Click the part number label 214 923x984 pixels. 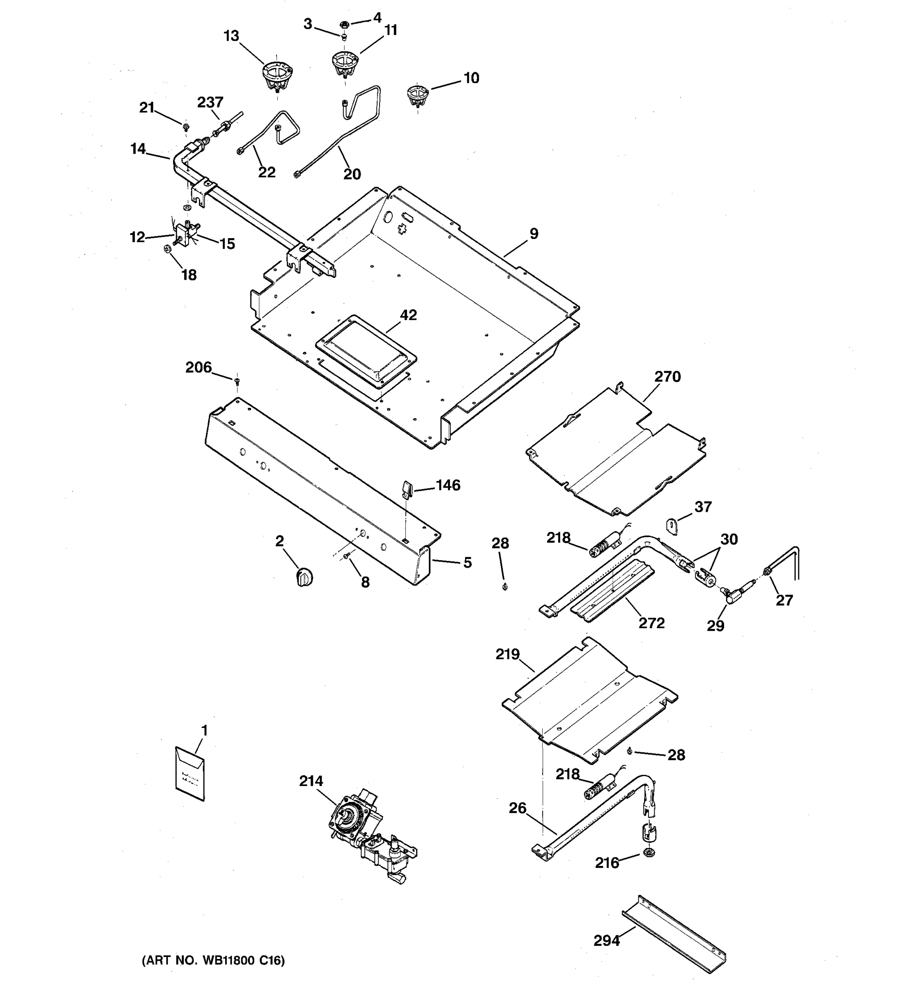click(311, 781)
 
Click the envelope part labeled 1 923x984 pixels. click(190, 773)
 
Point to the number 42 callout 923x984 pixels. click(409, 315)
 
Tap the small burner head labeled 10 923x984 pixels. click(418, 95)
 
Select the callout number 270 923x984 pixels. click(667, 377)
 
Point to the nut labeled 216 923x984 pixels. click(649, 852)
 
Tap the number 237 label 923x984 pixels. click(210, 102)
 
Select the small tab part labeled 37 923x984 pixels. click(672, 526)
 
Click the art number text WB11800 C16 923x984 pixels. click(213, 960)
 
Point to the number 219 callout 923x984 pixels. click(507, 654)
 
